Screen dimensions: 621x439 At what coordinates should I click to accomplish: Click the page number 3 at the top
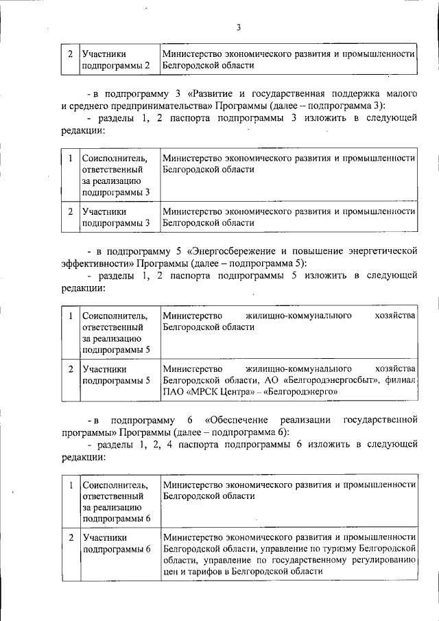(238, 27)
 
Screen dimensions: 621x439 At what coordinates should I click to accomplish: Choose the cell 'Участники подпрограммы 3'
(115, 217)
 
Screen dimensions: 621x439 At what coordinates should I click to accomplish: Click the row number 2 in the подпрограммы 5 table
(71, 368)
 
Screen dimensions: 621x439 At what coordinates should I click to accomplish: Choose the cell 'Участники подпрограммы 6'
(115, 543)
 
